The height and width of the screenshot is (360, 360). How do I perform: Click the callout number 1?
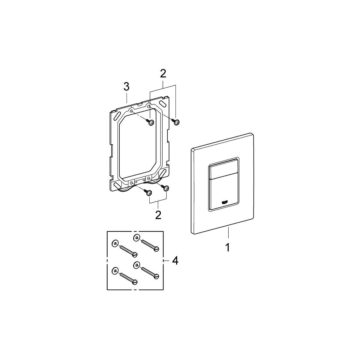(x=228, y=247)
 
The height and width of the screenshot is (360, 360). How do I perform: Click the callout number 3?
(x=126, y=87)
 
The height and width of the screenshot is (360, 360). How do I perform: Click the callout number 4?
(x=175, y=261)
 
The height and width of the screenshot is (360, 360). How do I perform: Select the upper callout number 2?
(x=163, y=73)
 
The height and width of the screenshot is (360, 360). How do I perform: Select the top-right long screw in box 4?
(x=150, y=245)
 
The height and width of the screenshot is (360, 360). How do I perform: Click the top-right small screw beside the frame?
(x=176, y=121)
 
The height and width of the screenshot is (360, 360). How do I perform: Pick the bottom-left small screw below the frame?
(x=148, y=193)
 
